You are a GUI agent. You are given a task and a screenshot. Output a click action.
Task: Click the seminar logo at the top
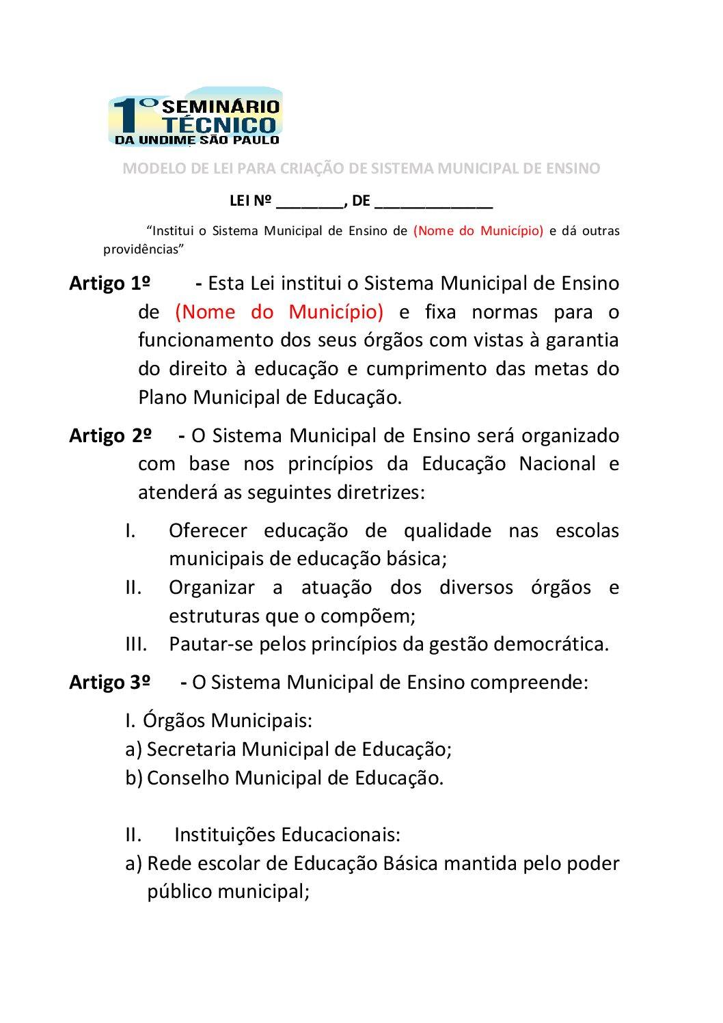point(195,117)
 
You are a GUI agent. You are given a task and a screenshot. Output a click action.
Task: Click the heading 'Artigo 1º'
point(110,283)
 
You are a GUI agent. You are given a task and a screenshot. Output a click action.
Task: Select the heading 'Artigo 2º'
point(110,435)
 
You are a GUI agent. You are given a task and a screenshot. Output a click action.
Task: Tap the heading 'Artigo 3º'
point(110,682)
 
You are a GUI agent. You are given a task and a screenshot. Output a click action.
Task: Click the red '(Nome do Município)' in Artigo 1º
point(279,312)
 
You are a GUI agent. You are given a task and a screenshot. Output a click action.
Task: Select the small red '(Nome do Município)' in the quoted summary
point(478,231)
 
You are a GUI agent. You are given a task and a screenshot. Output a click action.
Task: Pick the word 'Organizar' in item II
point(212,587)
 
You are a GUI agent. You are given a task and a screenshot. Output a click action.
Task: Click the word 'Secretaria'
point(191,749)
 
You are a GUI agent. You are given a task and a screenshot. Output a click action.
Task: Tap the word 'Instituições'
point(225,834)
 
